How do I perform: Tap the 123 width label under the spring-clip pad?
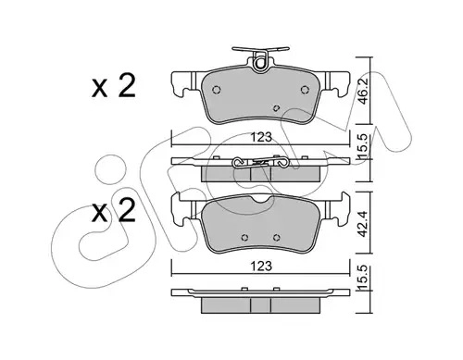tap(261, 137)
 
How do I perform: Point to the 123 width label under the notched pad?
tap(261, 266)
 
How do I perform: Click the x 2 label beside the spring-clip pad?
tap(114, 86)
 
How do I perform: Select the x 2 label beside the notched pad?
tap(114, 211)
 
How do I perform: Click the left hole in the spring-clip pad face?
tap(217, 90)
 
